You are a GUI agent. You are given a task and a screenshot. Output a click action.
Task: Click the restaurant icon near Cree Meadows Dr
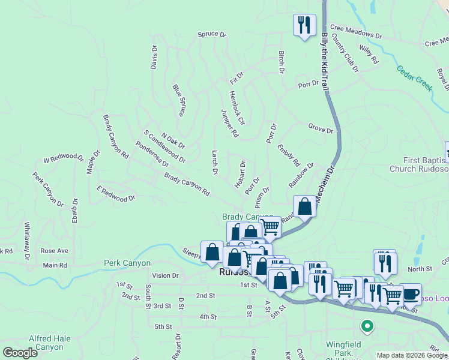(304, 25)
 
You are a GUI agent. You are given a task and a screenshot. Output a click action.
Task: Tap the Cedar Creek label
(415, 77)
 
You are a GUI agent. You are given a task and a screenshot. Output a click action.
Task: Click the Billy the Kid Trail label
(325, 62)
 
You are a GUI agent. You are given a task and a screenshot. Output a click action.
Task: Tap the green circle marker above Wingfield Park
(367, 327)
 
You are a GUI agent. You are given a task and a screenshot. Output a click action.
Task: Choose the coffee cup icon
(411, 294)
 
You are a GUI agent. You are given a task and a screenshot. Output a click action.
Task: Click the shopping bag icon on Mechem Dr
(304, 206)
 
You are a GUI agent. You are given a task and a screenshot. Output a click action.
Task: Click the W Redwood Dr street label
(63, 159)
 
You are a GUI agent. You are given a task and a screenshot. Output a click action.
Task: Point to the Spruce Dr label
(212, 35)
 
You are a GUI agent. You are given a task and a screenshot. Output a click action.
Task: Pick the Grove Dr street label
(321, 128)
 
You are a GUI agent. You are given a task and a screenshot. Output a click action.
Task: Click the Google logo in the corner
(20, 353)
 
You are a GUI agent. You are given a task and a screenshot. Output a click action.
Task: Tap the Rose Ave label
(55, 251)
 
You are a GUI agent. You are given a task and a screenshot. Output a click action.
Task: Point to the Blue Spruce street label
(179, 100)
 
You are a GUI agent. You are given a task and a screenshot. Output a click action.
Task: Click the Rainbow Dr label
(301, 175)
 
